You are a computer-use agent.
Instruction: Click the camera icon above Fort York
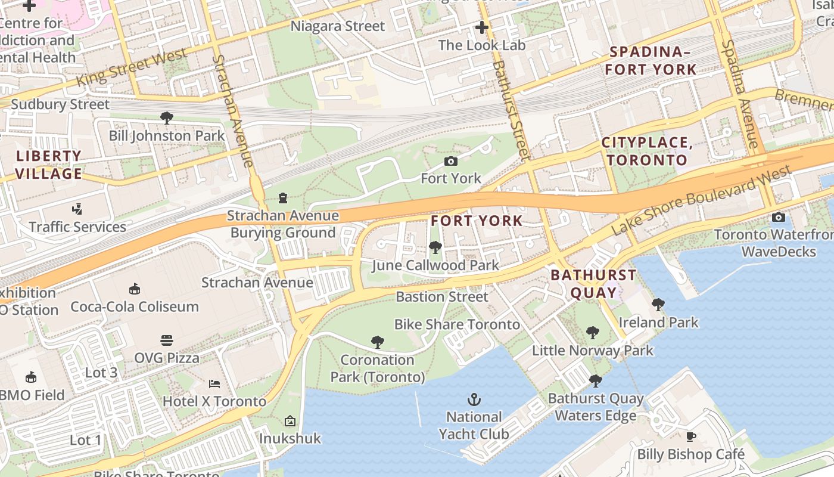[451, 161]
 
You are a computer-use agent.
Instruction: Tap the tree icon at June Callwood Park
[435, 247]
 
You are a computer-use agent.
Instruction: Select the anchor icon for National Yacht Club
[474, 399]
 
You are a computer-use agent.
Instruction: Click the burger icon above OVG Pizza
[167, 340]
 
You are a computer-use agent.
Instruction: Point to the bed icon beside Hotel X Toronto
[214, 383]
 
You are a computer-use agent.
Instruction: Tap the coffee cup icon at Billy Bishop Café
[691, 436]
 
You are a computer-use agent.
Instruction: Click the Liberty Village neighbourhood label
[49, 165]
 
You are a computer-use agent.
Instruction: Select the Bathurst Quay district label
[593, 284]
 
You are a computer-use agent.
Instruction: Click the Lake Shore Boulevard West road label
[702, 199]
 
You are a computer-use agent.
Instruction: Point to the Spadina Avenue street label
[739, 94]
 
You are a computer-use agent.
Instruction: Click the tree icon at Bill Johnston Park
[167, 117]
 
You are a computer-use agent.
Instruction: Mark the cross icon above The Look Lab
[481, 27]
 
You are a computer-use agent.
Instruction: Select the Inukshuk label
[290, 438]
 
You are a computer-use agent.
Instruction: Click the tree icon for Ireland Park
[658, 305]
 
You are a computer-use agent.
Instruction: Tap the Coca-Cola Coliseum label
[135, 306]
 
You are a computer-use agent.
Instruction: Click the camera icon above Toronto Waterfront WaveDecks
[778, 217]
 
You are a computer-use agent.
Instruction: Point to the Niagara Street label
[338, 26]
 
